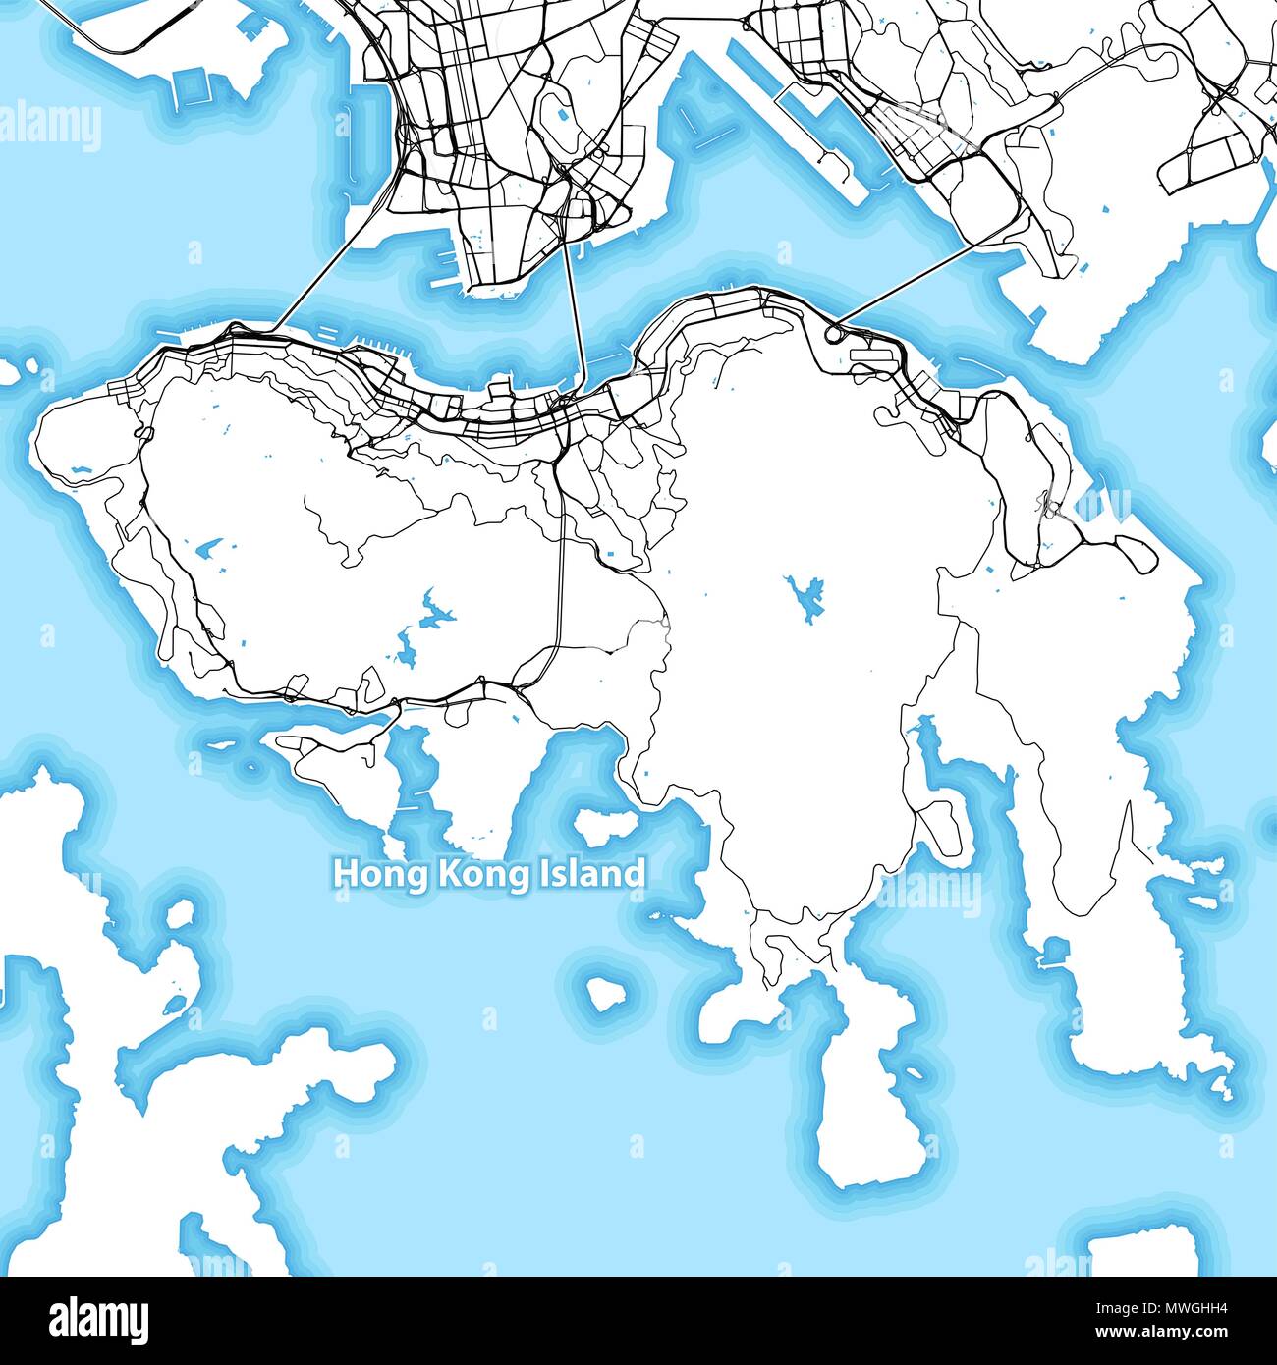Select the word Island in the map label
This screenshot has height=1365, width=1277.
593,873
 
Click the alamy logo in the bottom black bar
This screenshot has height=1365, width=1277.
99,1318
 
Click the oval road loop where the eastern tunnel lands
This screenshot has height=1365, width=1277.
835,335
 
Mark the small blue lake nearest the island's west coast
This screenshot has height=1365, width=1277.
79,472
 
